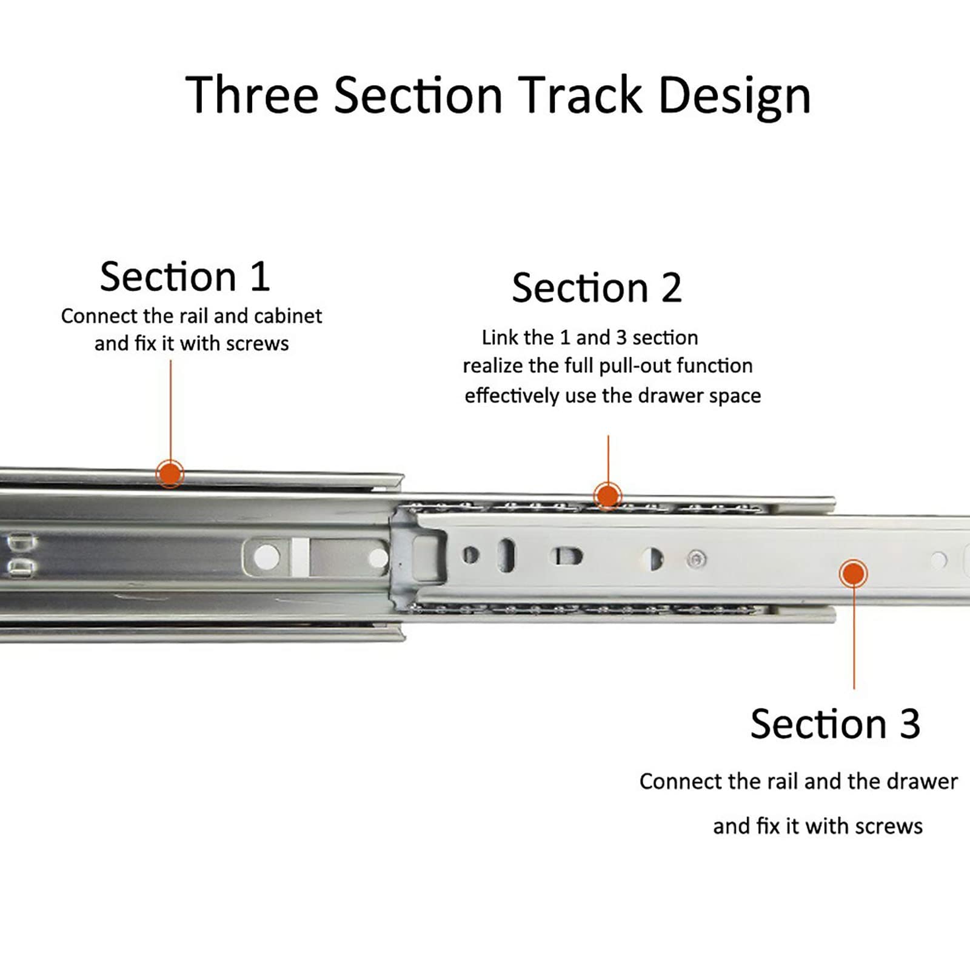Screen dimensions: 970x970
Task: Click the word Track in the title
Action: coord(581,95)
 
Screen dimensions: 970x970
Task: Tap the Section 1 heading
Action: coord(185,276)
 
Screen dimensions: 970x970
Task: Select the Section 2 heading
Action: coord(597,287)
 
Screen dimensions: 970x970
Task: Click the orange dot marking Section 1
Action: coord(170,473)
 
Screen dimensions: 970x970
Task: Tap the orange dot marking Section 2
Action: coord(607,496)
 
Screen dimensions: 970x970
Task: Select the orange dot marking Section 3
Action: coord(854,573)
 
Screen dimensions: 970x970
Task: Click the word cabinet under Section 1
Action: coord(288,316)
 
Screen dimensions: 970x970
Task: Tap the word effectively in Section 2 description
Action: coord(512,396)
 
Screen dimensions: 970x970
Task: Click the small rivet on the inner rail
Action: coord(697,559)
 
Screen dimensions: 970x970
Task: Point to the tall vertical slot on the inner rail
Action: coord(506,555)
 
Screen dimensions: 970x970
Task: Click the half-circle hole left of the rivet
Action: coord(653,559)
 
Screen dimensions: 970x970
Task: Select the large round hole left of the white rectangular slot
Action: coord(267,557)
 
